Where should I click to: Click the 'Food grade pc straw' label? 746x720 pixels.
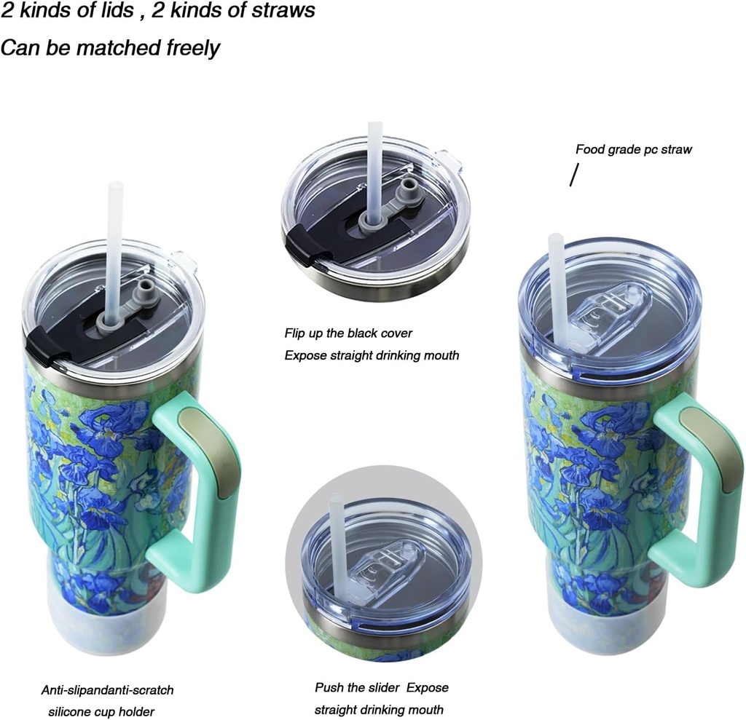coord(633,150)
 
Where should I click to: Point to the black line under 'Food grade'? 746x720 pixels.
coord(574,175)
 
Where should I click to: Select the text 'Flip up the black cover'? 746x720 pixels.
coord(348,333)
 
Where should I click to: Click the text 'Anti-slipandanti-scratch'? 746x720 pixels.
coord(107,689)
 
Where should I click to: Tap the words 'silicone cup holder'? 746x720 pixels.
coord(101,711)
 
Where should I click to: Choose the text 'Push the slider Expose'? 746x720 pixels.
coord(382,687)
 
